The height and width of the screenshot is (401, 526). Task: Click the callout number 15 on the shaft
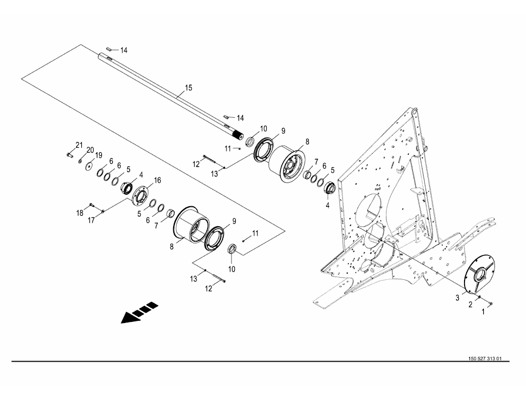click(188, 88)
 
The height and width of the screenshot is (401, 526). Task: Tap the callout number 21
click(79, 145)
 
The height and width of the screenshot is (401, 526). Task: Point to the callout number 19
click(99, 155)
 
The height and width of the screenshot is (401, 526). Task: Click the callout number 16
click(157, 180)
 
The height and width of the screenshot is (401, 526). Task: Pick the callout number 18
click(80, 212)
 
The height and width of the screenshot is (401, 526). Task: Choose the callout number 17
click(92, 220)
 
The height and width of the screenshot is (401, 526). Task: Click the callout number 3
click(458, 298)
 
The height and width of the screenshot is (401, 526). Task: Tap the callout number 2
click(470, 304)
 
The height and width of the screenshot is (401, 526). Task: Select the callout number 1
click(482, 311)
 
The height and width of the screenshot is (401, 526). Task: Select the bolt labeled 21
click(69, 155)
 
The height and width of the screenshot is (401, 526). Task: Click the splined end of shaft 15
click(239, 136)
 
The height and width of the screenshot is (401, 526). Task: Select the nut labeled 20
click(81, 161)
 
